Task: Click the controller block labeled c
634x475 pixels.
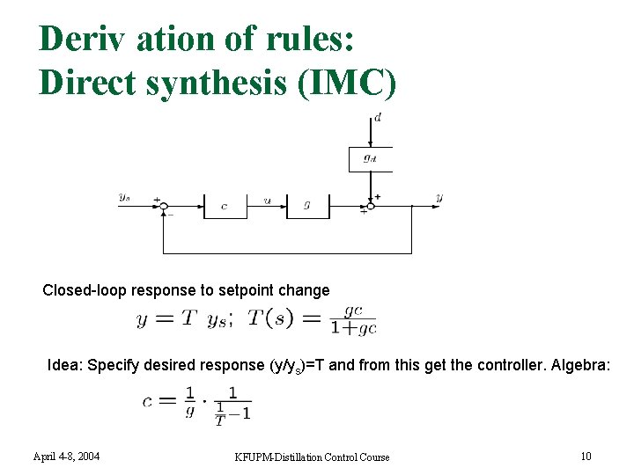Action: pyautogui.click(x=225, y=206)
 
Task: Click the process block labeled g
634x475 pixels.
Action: pyautogui.click(x=307, y=206)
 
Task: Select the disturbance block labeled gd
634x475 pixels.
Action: pyautogui.click(x=371, y=159)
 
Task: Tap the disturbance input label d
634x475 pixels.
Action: pyautogui.click(x=378, y=118)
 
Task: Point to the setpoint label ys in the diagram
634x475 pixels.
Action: pyautogui.click(x=124, y=197)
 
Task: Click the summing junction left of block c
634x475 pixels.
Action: pyautogui.click(x=163, y=206)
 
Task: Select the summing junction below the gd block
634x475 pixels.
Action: pyautogui.click(x=371, y=205)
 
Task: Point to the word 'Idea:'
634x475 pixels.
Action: pyautogui.click(x=65, y=364)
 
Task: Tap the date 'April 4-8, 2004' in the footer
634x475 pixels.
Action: pyautogui.click(x=66, y=457)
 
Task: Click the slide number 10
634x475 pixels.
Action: pyautogui.click(x=586, y=457)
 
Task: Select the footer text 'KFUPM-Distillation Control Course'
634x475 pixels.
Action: pyautogui.click(x=313, y=457)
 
